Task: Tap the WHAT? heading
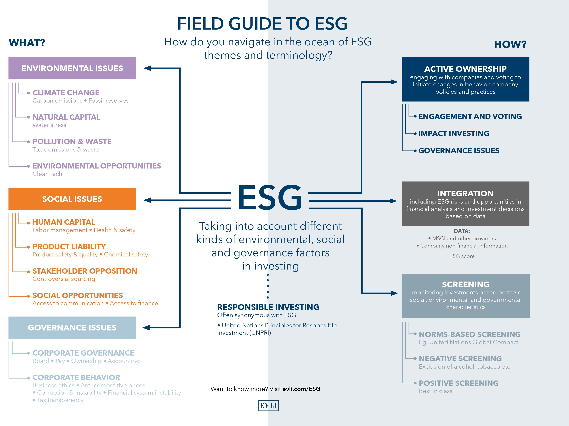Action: click(27, 43)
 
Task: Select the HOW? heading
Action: click(510, 44)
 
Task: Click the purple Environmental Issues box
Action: click(72, 68)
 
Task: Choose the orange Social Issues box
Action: click(72, 199)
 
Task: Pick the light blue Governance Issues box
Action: click(72, 327)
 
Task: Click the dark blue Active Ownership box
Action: click(465, 79)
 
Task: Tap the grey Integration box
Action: click(465, 204)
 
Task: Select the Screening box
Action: click(466, 296)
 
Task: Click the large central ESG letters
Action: click(270, 198)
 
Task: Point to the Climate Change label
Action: click(66, 93)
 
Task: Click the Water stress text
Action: click(49, 125)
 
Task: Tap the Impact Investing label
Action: click(454, 133)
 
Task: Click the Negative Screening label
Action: click(460, 359)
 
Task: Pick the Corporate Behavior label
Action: click(76, 377)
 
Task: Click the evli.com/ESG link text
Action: click(301, 389)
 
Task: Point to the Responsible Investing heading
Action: click(268, 307)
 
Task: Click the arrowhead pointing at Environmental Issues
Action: click(147, 68)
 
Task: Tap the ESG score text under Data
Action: click(462, 256)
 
